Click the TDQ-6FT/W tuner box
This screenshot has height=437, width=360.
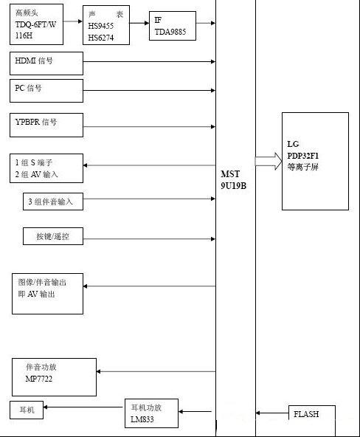36,24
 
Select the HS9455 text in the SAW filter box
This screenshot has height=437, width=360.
101,26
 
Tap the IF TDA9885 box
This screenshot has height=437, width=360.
173,26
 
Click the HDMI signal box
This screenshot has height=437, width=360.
46,63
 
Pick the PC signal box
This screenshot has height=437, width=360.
46,91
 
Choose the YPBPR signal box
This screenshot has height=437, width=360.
46,125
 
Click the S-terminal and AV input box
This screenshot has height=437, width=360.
46,168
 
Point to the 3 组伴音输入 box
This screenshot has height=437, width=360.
53,202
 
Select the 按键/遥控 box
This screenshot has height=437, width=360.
53,236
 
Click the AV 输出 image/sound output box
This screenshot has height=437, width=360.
47,294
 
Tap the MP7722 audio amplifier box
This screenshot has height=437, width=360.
54,377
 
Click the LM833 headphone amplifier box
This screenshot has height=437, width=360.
151,413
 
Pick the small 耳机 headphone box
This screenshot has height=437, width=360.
27,410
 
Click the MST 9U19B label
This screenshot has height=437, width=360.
233,180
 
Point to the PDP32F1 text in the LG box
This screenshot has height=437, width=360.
303,156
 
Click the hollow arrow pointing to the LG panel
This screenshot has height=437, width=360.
269,162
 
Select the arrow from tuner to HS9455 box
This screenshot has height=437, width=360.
73,21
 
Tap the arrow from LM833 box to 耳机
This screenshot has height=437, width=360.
83,407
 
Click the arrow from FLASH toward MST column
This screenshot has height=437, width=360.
272,413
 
